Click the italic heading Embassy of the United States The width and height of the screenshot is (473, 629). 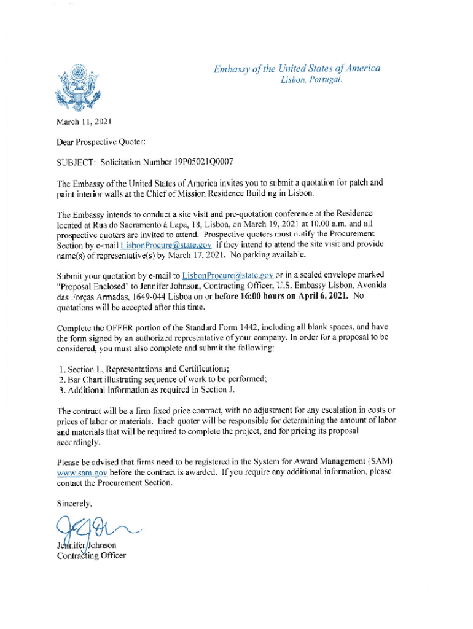tap(297, 68)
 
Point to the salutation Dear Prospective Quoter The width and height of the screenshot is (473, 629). tap(101, 142)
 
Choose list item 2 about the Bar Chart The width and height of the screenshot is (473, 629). tap(162, 378)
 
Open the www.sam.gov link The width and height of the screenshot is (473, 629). tap(82, 472)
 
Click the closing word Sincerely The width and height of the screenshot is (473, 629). tap(75, 503)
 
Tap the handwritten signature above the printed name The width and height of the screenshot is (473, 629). tap(92, 527)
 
